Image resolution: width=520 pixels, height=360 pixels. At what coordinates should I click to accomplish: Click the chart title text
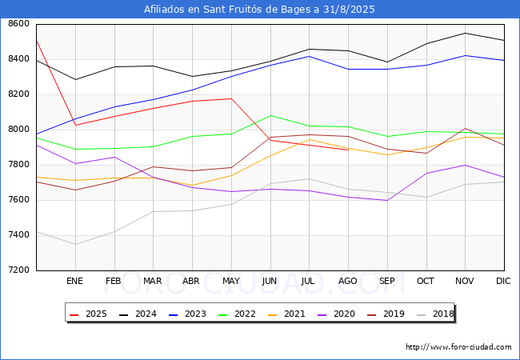click(x=259, y=10)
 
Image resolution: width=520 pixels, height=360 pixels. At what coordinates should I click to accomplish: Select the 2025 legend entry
click(x=89, y=314)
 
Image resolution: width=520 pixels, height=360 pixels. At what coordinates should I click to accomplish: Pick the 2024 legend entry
click(x=138, y=314)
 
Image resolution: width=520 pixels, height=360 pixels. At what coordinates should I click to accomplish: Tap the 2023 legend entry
click(x=188, y=314)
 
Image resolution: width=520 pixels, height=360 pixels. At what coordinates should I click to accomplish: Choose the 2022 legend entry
click(x=237, y=314)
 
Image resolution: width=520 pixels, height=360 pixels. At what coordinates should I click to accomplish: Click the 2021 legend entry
click(x=287, y=314)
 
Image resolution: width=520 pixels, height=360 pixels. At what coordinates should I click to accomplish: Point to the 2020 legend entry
click(x=336, y=314)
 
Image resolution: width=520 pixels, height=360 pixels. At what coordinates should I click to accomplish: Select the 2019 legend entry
click(x=386, y=314)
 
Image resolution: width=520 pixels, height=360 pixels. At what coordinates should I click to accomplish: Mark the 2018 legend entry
click(x=435, y=314)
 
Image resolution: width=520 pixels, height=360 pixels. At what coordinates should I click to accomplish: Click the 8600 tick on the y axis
click(x=19, y=24)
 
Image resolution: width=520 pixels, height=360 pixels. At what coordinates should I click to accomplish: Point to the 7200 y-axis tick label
click(x=19, y=270)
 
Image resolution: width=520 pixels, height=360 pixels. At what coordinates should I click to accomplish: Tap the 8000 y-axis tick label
click(x=19, y=130)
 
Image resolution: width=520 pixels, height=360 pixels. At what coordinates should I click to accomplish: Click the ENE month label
click(x=74, y=281)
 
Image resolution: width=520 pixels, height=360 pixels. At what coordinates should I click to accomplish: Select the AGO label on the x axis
click(x=347, y=281)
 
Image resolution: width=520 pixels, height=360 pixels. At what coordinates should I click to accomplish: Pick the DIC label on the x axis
click(x=503, y=281)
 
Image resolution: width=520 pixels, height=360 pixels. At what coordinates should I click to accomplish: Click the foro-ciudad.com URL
click(x=458, y=347)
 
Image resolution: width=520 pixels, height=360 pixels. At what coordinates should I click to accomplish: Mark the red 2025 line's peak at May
click(x=231, y=98)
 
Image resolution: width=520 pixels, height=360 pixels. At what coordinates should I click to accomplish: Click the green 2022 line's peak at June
click(x=271, y=116)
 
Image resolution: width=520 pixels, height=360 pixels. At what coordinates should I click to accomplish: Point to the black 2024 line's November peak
click(x=466, y=33)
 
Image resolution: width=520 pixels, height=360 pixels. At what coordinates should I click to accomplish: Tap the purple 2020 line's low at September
click(x=387, y=200)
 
